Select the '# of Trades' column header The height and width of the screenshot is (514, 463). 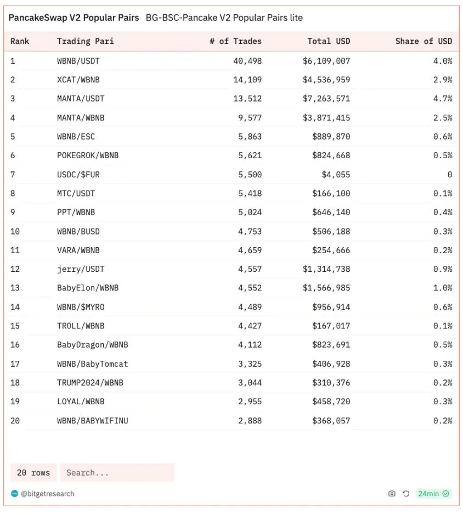click(x=235, y=41)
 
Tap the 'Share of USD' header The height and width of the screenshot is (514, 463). click(x=424, y=41)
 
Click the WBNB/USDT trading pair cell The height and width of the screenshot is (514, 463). click(x=78, y=61)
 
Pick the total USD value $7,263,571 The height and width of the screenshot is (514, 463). click(x=326, y=99)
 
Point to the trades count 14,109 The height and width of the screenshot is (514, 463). click(x=247, y=80)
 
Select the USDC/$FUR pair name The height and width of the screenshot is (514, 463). click(x=78, y=175)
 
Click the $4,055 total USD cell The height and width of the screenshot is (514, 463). click(x=336, y=175)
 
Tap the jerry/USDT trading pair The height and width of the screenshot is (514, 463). click(x=81, y=269)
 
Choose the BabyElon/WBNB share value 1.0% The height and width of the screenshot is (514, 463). click(x=443, y=288)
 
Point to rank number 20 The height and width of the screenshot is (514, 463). click(x=15, y=421)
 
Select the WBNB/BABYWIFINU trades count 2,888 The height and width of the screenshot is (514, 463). click(x=250, y=421)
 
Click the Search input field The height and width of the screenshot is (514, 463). click(x=117, y=473)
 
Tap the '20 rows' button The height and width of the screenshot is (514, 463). click(x=33, y=473)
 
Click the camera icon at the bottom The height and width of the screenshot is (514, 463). click(x=392, y=494)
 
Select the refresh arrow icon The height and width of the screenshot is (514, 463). click(x=406, y=494)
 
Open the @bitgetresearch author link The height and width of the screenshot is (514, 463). click(x=47, y=494)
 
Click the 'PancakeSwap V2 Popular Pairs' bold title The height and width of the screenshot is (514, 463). click(x=74, y=18)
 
